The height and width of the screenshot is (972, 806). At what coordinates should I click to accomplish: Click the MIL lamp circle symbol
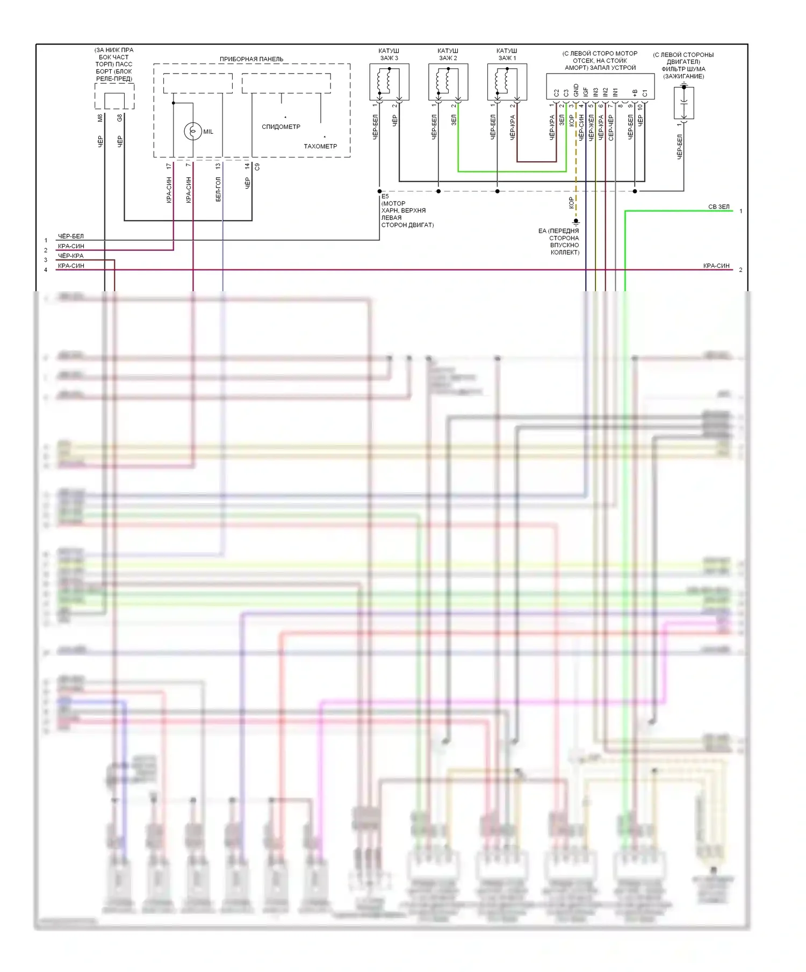pos(192,131)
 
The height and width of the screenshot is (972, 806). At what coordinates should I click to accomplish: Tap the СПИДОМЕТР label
pos(280,127)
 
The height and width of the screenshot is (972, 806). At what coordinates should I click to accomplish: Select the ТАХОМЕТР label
pos(320,146)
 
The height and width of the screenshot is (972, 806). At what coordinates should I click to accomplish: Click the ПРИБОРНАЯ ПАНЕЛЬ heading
pos(251,59)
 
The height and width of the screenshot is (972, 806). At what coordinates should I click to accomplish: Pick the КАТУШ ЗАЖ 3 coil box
pos(389,82)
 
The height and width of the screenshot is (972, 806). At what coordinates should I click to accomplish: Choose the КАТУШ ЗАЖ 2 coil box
pos(448,82)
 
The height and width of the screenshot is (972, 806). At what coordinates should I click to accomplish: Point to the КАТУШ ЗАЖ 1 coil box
pos(507,82)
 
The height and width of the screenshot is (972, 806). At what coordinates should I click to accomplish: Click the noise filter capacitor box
pos(683,103)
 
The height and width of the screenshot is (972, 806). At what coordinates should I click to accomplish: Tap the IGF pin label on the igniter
pos(586,92)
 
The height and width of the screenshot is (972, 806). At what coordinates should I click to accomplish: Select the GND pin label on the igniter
pos(576,91)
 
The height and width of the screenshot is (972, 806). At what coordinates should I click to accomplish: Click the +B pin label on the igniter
pos(635,93)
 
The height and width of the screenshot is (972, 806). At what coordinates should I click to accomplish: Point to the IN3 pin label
pos(595,92)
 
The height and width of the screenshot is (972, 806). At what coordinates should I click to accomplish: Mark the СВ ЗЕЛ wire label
pos(718,207)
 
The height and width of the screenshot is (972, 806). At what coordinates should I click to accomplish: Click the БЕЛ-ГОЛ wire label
pos(218,190)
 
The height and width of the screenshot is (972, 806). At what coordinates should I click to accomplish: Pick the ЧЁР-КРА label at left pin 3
pos(70,256)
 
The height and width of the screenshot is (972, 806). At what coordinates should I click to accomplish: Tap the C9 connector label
pos(257,167)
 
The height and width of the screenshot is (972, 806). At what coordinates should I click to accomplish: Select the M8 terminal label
pos(100,118)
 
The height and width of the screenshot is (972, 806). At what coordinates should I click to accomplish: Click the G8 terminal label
pos(119,118)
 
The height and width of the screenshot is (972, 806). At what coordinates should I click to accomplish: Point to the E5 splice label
pos(385,197)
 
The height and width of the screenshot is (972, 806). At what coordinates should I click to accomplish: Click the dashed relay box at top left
pos(114,97)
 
